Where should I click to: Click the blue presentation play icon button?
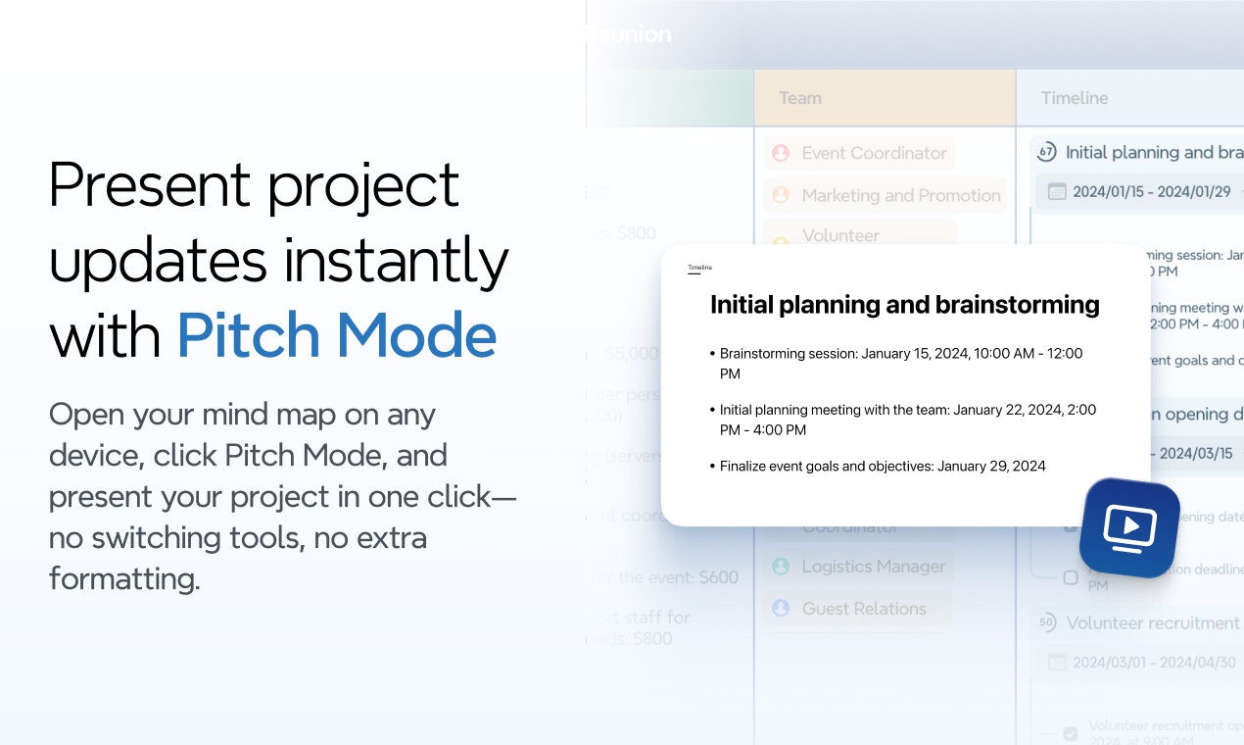[1129, 527]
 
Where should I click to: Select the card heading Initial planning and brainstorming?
[904, 305]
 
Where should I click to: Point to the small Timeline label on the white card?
[699, 268]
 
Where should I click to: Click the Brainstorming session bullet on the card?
[901, 363]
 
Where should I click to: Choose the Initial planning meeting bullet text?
[907, 420]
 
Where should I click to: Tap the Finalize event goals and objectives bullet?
[883, 466]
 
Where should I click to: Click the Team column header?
[799, 98]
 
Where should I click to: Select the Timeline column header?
[1075, 98]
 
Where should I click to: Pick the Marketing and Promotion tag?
[900, 195]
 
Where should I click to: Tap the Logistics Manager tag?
[873, 567]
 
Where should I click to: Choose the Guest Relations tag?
[863, 609]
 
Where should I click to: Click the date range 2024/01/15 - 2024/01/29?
[1151, 192]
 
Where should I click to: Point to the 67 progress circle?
[1046, 152]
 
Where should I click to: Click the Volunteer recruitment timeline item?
[1152, 622]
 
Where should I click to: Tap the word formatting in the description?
[123, 578]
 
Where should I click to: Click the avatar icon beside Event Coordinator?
[781, 153]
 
